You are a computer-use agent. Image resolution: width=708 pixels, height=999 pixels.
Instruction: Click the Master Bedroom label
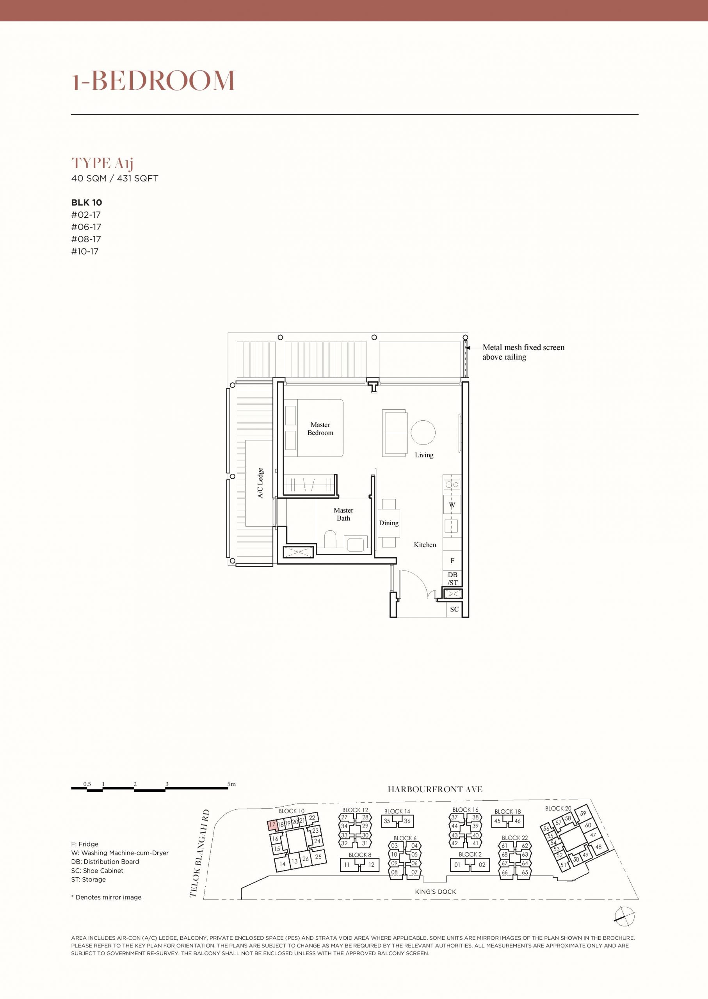pyautogui.click(x=320, y=428)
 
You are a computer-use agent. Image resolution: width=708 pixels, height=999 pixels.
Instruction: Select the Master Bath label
pyautogui.click(x=343, y=514)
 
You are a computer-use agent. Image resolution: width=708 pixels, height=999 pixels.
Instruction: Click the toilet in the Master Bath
pyautogui.click(x=331, y=539)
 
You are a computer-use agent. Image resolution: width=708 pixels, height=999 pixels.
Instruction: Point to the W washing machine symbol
pyautogui.click(x=452, y=505)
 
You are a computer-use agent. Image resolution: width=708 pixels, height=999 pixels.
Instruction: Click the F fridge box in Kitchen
pyautogui.click(x=452, y=560)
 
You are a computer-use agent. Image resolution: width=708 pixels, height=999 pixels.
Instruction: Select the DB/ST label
pyautogui.click(x=452, y=578)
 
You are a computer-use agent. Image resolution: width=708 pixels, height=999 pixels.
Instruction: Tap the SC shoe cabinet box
pyautogui.click(x=454, y=609)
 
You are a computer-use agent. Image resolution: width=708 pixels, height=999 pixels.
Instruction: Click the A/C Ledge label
pyautogui.click(x=260, y=483)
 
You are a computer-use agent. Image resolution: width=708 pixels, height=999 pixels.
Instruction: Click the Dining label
pyautogui.click(x=389, y=523)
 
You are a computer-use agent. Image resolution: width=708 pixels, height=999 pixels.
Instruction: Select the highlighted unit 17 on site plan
pyautogui.click(x=272, y=825)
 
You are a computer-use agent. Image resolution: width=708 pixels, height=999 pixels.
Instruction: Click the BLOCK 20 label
pyautogui.click(x=558, y=808)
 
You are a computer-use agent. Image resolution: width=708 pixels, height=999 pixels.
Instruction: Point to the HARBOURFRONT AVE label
pyautogui.click(x=435, y=789)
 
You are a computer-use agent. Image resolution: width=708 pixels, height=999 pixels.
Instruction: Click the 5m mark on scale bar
pyautogui.click(x=231, y=784)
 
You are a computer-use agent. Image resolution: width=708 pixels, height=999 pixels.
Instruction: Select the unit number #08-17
pyautogui.click(x=86, y=239)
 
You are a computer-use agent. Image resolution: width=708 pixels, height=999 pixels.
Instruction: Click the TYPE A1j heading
pyautogui.click(x=102, y=164)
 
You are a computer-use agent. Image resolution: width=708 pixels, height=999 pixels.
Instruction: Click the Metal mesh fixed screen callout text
pyautogui.click(x=523, y=352)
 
